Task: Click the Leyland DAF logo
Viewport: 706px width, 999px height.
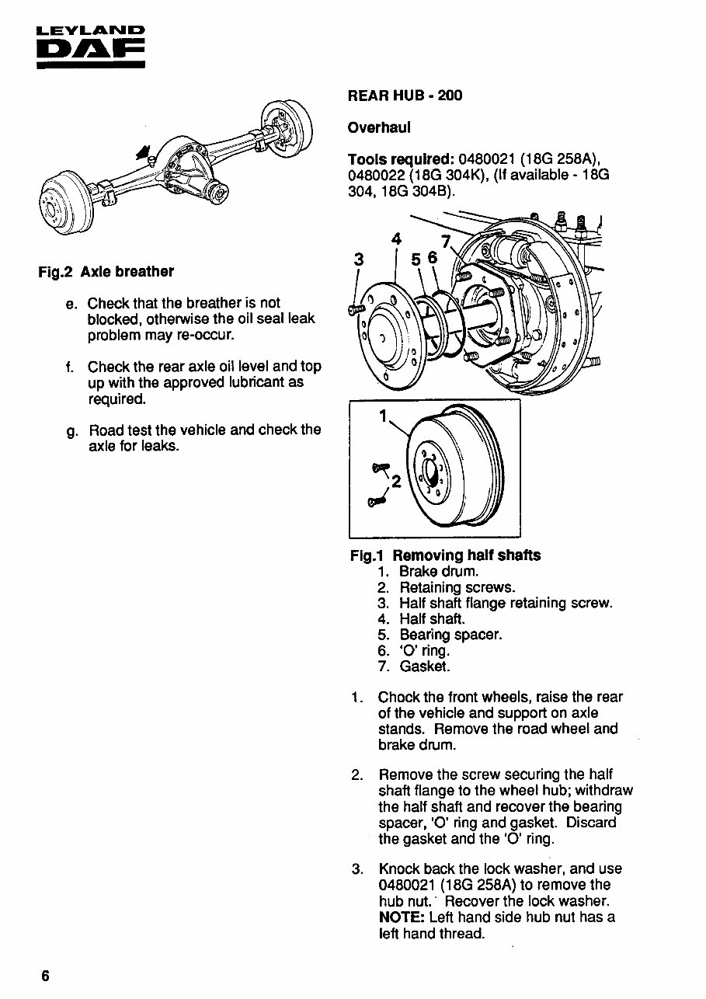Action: click(91, 47)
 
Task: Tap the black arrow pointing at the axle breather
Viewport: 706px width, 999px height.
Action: click(144, 152)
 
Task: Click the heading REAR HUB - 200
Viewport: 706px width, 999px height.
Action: click(405, 96)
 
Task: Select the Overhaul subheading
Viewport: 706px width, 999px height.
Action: click(379, 127)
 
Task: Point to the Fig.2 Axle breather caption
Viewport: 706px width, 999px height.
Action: click(106, 272)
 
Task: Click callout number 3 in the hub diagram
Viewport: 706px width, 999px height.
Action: click(359, 259)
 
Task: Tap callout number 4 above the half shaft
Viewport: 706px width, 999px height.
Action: click(396, 239)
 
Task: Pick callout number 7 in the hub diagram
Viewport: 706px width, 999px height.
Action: click(446, 242)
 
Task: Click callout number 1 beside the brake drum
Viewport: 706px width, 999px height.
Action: click(383, 416)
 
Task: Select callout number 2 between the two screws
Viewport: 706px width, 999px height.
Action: click(396, 482)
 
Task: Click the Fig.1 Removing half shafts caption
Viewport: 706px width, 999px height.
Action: click(445, 555)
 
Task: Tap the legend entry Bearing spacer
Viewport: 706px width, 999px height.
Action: click(450, 635)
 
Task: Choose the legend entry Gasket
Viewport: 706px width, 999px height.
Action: click(425, 667)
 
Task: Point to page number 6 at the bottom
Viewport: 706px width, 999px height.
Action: click(46, 976)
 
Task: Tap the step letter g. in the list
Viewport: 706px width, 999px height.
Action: click(71, 432)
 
